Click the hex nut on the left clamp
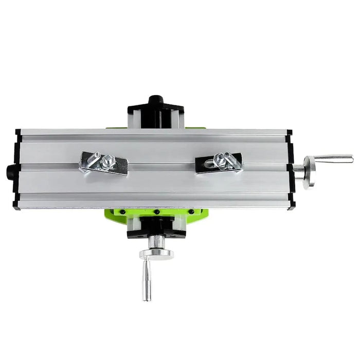pyautogui.click(x=109, y=160)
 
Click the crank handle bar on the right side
pyautogui.click(x=333, y=158)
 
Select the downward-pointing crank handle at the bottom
pyautogui.click(x=146, y=280)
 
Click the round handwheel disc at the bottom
pyautogui.click(x=156, y=254)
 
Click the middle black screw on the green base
pyautogui.click(x=155, y=211)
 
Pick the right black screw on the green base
pyautogui.click(x=191, y=211)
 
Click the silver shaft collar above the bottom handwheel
pyautogui.click(x=156, y=241)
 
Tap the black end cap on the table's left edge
pyautogui.click(x=17, y=169)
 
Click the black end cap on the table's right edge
pyautogui.click(x=291, y=169)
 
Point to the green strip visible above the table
pyautogui.click(x=195, y=128)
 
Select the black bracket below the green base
pyautogui.click(x=156, y=226)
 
